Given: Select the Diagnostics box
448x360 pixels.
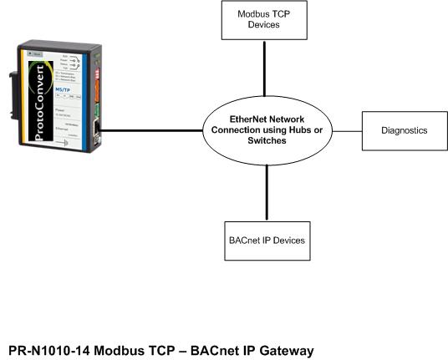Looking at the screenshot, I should [x=403, y=131].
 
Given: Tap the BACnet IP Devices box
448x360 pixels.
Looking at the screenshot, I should [x=266, y=241].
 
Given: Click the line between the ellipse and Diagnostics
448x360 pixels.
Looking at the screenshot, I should [x=345, y=131].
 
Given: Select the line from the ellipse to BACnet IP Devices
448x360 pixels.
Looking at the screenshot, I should [x=266, y=192].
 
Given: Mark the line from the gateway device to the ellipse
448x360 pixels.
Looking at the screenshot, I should [x=150, y=131].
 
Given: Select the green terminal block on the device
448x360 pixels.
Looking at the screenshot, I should [x=99, y=109].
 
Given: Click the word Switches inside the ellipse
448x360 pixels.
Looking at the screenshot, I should [x=265, y=142].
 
